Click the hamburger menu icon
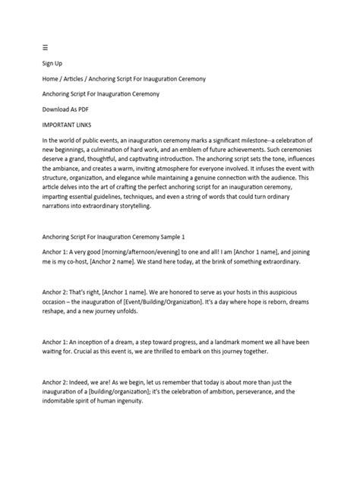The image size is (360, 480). (x=45, y=46)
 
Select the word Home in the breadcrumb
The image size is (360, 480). (x=52, y=78)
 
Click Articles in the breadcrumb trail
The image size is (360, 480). (x=84, y=78)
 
